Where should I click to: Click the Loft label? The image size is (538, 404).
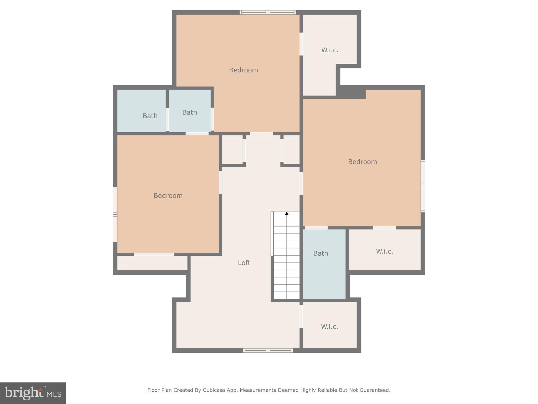(244, 263)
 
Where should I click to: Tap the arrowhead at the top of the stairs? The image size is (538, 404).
(287, 214)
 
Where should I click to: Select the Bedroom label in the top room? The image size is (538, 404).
(243, 70)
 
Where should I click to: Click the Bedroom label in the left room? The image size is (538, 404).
(168, 195)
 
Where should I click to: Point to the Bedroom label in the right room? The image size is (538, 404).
(362, 162)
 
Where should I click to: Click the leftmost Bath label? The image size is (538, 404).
(150, 116)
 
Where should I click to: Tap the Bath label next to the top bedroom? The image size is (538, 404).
(189, 112)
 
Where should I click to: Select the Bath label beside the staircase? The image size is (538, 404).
(320, 253)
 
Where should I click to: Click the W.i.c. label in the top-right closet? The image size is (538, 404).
(329, 50)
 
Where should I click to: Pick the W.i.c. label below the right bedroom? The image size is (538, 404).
(384, 251)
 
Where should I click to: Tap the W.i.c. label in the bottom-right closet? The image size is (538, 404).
(329, 327)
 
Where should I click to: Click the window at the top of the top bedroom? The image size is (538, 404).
(268, 12)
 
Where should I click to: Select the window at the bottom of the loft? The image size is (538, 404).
(268, 350)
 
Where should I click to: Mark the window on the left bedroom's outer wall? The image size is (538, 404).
(115, 214)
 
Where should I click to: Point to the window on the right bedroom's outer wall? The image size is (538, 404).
(423, 186)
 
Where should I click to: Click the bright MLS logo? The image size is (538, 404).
(33, 393)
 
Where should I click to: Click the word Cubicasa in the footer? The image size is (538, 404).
(214, 390)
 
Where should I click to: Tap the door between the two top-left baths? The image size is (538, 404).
(167, 119)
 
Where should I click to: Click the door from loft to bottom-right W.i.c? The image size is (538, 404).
(301, 316)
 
